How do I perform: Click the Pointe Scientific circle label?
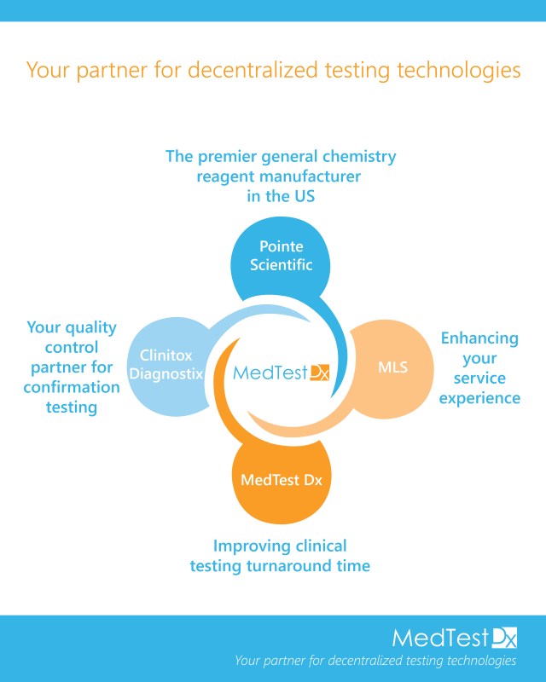(x=281, y=256)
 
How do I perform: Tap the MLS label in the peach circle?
(x=392, y=368)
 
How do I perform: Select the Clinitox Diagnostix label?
(x=166, y=364)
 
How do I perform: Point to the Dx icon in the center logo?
(x=318, y=373)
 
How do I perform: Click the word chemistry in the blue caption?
(x=358, y=157)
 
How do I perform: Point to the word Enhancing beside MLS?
(x=479, y=338)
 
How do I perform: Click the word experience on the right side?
(x=479, y=398)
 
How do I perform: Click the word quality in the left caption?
(x=93, y=327)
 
